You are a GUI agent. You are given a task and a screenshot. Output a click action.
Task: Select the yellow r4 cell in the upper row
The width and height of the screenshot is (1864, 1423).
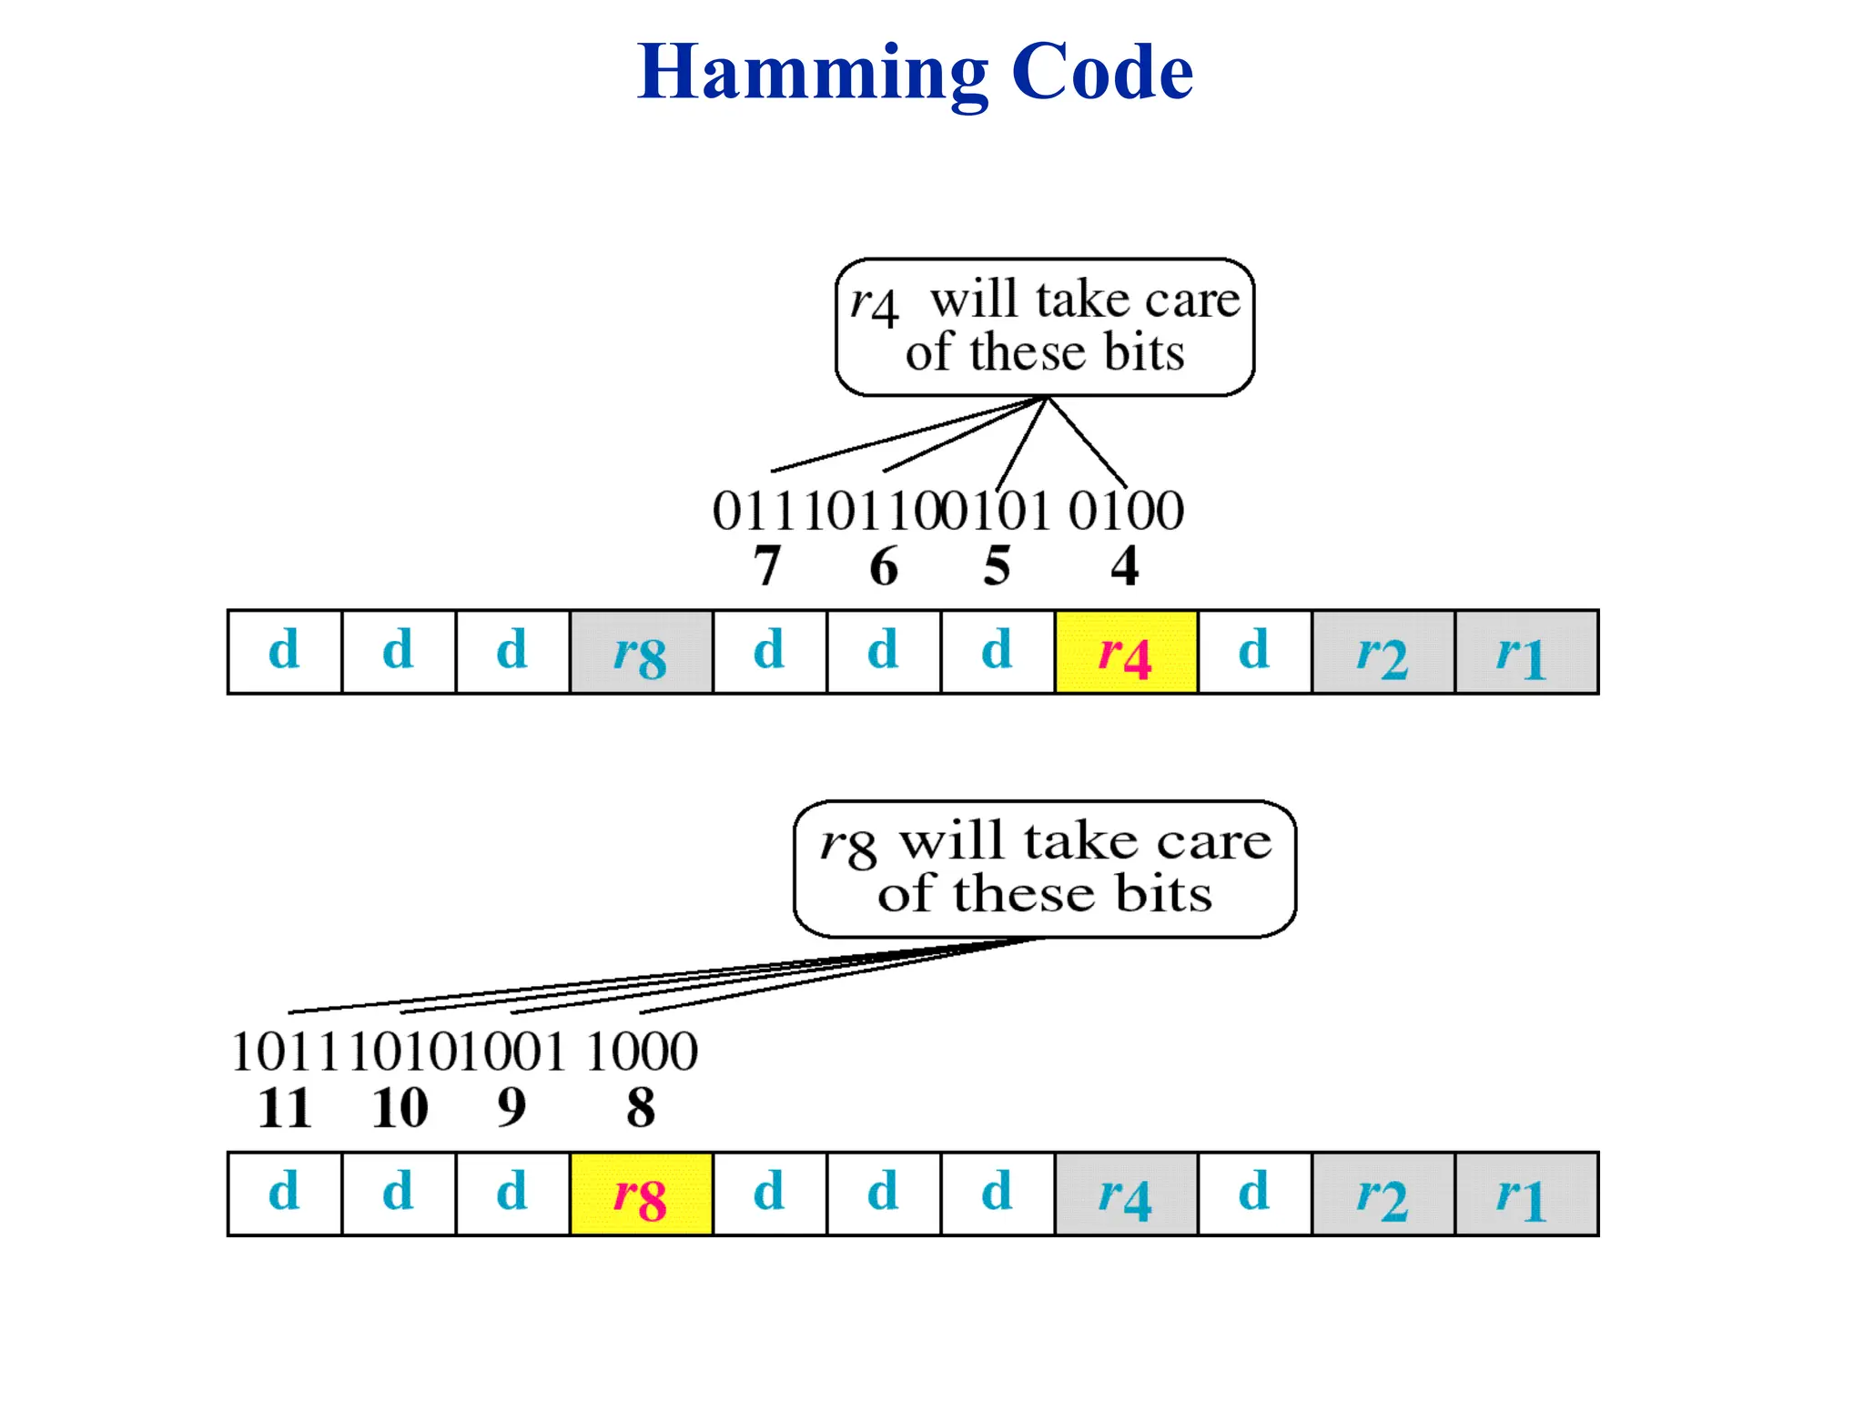1126,652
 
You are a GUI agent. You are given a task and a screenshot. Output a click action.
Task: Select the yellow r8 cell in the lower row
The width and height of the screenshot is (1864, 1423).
641,1194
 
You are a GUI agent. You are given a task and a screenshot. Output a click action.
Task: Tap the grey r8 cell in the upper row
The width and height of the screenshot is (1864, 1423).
641,652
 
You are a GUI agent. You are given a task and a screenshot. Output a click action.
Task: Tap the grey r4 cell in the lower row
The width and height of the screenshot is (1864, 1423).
1126,1194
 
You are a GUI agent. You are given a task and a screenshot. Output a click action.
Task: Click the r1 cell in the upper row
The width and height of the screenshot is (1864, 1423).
1525,652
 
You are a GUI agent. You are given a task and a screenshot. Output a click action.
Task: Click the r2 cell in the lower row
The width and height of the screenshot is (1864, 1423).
1383,1194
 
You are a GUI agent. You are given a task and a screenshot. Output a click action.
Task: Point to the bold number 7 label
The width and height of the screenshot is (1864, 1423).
767,566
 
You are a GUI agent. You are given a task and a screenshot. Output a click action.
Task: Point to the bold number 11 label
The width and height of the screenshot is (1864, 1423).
284,1108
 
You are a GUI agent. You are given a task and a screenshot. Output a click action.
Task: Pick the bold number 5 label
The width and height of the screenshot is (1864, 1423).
997,566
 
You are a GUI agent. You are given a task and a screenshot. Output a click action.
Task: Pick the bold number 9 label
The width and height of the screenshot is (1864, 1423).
512,1108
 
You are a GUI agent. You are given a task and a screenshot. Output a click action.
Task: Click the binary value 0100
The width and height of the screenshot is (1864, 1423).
1126,511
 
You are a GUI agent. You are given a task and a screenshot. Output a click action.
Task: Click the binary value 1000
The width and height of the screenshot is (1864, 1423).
641,1052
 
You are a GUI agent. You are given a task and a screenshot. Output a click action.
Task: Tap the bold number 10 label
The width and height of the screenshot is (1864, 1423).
400,1108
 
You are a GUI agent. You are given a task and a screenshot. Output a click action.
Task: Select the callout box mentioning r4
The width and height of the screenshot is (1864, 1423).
1044,327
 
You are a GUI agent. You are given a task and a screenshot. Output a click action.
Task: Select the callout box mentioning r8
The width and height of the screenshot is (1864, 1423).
1044,869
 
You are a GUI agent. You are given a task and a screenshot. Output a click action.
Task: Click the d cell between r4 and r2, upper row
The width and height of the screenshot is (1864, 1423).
1254,652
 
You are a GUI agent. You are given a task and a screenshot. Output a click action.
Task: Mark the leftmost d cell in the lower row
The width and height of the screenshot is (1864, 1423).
284,1194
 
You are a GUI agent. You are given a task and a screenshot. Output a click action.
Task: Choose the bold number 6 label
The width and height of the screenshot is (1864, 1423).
883,566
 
